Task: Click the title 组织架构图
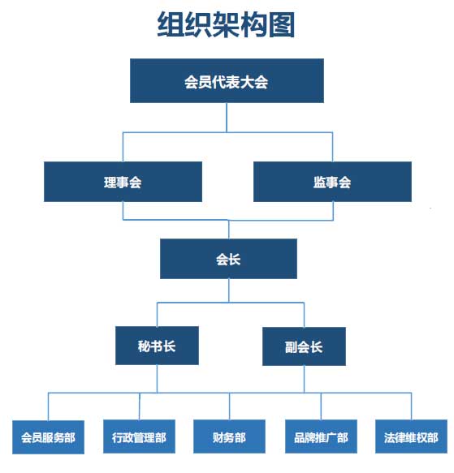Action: (226, 24)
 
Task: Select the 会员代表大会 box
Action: (227, 80)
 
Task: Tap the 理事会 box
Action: (123, 182)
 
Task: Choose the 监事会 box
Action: (332, 182)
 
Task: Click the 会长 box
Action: (228, 259)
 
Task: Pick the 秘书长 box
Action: (157, 346)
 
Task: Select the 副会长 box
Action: (304, 346)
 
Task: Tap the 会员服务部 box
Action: (49, 437)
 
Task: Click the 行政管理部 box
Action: (139, 436)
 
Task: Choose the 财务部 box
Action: (229, 436)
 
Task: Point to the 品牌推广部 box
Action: (321, 436)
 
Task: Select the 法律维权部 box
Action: (411, 436)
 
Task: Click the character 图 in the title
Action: (282, 24)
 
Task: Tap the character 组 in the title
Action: (171, 24)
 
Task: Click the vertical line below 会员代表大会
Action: (227, 118)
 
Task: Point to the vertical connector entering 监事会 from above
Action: (332, 147)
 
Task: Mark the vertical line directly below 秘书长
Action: (157, 379)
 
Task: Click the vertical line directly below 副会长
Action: (304, 380)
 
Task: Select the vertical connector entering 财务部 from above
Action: (229, 406)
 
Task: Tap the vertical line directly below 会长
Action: (229, 290)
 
